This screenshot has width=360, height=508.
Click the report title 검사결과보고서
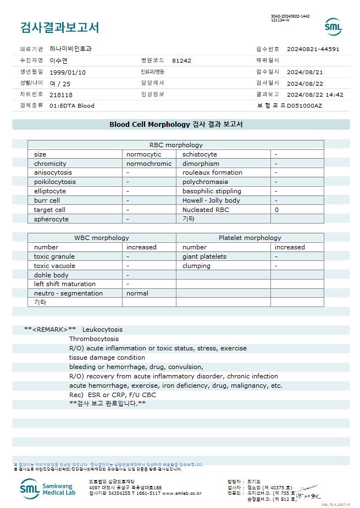point(59,27)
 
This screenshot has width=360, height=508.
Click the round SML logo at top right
point(333,27)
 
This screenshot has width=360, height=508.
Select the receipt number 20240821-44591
point(313,49)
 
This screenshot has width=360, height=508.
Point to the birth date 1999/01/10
point(68,72)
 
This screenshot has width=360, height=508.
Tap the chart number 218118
point(61,94)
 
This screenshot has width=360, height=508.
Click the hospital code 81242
point(181,60)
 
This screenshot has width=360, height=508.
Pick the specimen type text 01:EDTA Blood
point(72,105)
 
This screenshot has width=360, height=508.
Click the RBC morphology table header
point(176,145)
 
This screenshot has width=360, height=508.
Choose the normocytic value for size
point(144,154)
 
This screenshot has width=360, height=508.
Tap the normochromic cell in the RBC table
point(149,164)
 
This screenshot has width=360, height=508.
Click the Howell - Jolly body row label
point(211,200)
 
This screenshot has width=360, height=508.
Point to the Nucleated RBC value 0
point(276,210)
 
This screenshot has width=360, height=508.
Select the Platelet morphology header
point(250,238)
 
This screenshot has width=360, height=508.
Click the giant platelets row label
point(204,256)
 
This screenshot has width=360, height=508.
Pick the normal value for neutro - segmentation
point(137,293)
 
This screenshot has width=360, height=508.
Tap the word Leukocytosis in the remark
point(102,330)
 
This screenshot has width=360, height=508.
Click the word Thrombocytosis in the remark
point(93,339)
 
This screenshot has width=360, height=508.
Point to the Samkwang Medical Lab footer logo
point(49,488)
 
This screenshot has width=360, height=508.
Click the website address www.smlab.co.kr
point(182,493)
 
